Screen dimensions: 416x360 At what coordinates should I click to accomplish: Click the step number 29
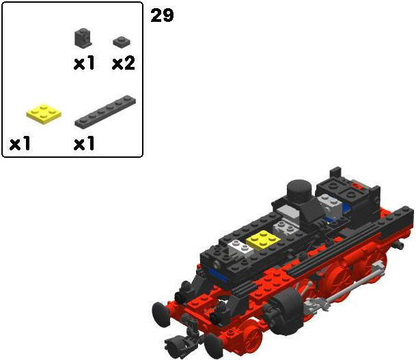[162, 15]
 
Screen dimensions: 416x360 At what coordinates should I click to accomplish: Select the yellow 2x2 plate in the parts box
[44, 113]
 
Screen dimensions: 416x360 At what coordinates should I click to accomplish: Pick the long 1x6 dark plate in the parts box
[105, 111]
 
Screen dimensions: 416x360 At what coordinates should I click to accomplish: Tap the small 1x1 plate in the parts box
[122, 42]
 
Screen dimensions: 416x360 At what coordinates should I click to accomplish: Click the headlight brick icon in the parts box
[83, 38]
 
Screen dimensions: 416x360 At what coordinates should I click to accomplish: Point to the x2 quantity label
[124, 64]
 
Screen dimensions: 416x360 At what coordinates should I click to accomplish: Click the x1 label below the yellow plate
[20, 143]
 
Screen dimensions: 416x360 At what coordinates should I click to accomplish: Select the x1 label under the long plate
[84, 143]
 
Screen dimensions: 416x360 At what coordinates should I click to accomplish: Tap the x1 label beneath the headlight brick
[84, 64]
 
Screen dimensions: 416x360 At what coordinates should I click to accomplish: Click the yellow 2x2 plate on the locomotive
[263, 240]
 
